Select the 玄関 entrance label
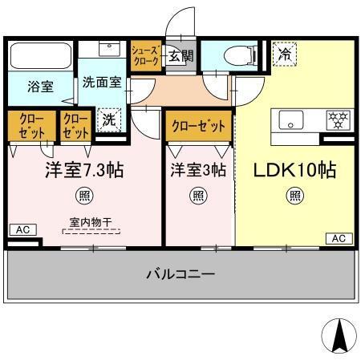point(181,55)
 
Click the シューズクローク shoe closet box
point(147,56)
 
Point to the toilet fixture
point(237,55)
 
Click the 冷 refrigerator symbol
point(284,55)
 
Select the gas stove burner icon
point(337,120)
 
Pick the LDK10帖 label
point(294,171)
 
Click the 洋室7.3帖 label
point(83,171)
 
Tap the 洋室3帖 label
point(197,171)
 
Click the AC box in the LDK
point(339,238)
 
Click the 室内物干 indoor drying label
point(90,222)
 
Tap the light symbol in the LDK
point(295,195)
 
